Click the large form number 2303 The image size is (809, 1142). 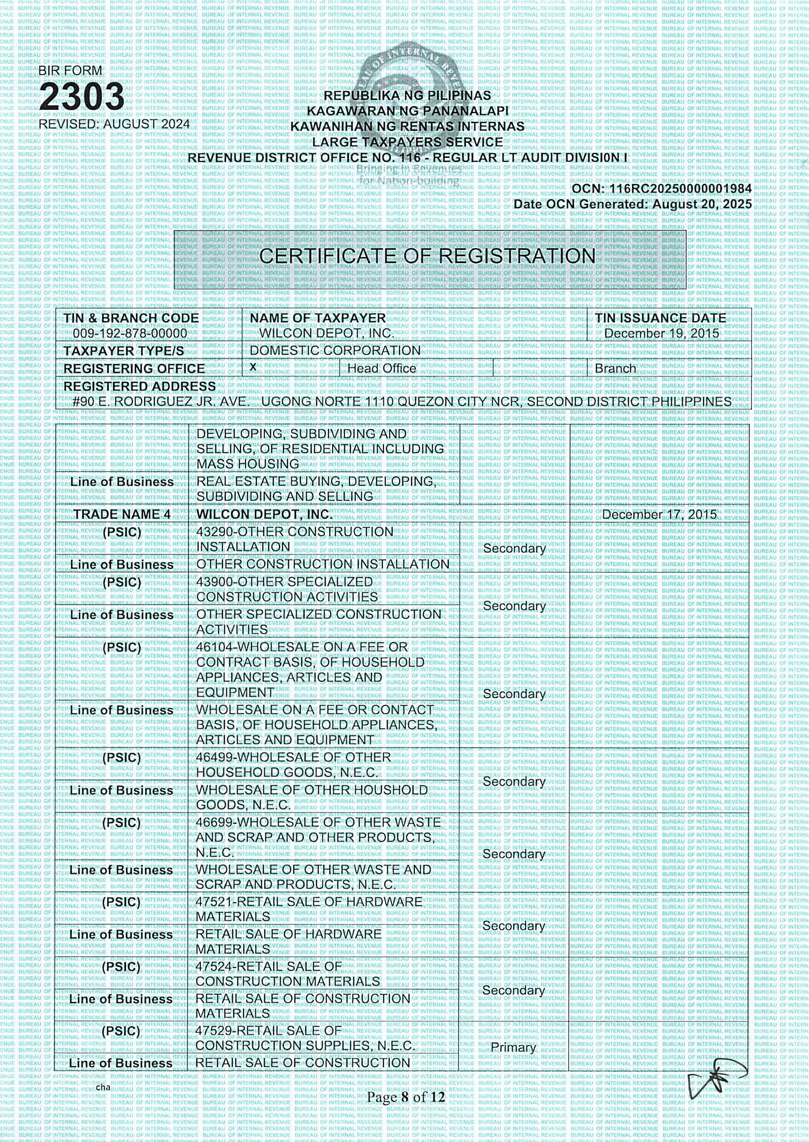82,96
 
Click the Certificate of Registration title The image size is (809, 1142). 427,256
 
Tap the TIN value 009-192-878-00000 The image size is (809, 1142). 130,333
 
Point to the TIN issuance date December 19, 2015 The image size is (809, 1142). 661,333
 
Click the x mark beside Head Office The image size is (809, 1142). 253,367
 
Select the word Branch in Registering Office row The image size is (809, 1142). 615,369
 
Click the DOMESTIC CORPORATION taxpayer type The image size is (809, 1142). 335,351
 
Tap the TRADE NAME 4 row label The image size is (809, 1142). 122,514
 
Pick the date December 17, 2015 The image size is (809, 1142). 659,514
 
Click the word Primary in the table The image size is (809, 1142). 513,1048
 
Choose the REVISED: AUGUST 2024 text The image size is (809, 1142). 114,124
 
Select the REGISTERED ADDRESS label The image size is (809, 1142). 139,386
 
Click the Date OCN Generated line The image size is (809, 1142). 632,204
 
